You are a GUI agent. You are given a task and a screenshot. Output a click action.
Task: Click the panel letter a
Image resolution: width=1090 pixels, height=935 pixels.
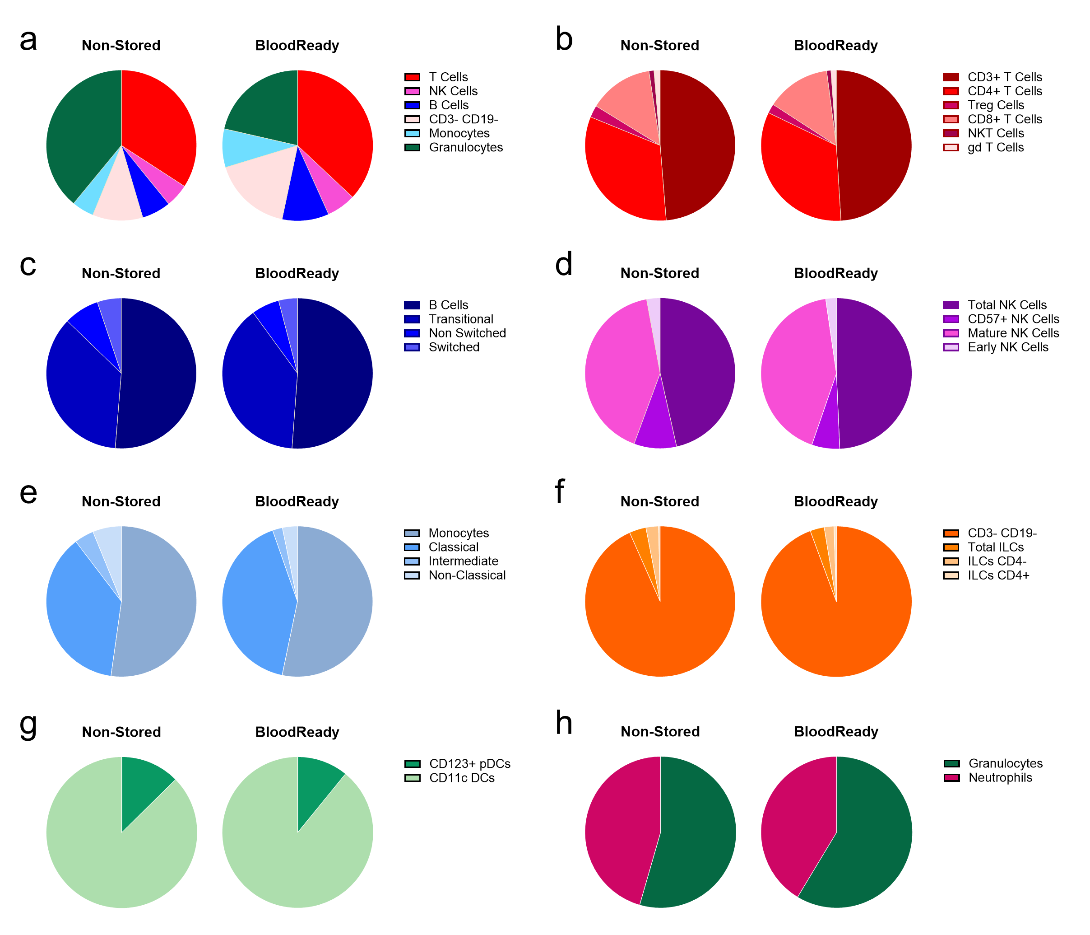pyautogui.click(x=28, y=41)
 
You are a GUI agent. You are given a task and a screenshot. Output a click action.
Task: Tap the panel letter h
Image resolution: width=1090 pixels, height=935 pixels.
pyautogui.click(x=563, y=724)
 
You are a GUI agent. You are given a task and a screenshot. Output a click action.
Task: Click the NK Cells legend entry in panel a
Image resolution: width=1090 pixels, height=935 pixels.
pyautogui.click(x=452, y=91)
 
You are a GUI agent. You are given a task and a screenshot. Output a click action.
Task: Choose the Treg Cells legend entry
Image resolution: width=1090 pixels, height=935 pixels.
pyautogui.click(x=995, y=105)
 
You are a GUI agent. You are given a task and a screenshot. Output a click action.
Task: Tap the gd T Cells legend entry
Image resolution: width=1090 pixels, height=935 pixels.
pyautogui.click(x=995, y=147)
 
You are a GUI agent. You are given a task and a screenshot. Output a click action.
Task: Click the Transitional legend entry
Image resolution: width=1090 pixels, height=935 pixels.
pyautogui.click(x=460, y=319)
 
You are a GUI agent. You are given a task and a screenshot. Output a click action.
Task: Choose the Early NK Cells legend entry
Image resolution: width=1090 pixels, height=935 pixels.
pyautogui.click(x=1007, y=347)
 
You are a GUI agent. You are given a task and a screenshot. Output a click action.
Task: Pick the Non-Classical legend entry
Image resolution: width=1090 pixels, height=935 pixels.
pyautogui.click(x=466, y=575)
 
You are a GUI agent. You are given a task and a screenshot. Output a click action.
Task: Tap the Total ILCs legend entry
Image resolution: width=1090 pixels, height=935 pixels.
pyautogui.click(x=995, y=547)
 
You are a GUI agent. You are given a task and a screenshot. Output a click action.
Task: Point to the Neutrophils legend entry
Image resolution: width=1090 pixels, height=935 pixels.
pyautogui.click(x=1000, y=778)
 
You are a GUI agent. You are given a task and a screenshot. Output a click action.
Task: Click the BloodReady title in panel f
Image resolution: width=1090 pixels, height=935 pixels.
pyautogui.click(x=835, y=502)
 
